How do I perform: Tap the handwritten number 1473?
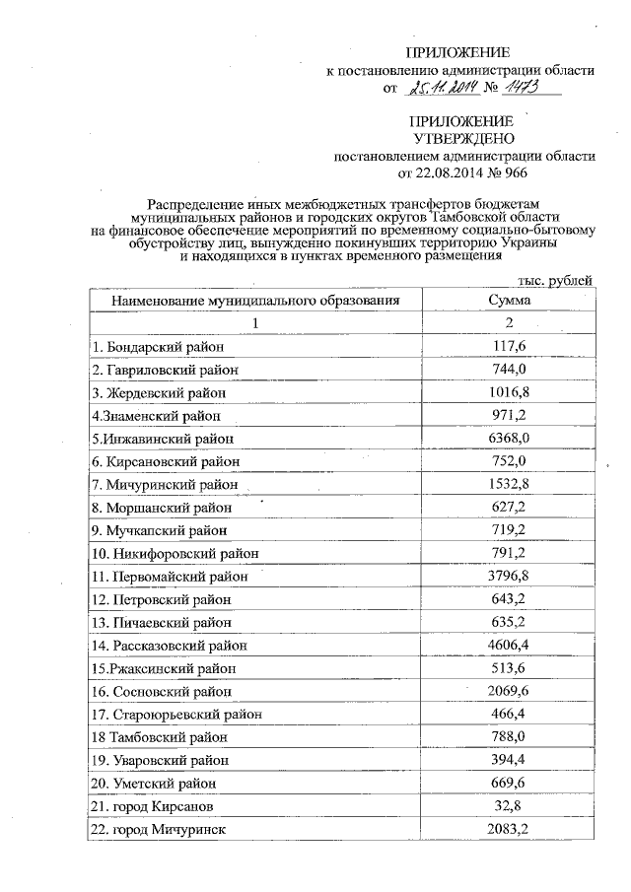pyautogui.click(x=526, y=90)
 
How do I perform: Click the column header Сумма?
pyautogui.click(x=509, y=300)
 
